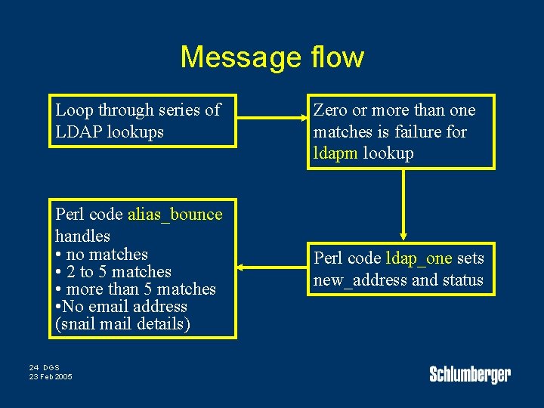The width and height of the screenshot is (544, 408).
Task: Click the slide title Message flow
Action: coord(272,57)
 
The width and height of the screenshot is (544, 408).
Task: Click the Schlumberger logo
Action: coord(470,374)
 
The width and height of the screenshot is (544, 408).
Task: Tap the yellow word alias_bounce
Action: coord(175,215)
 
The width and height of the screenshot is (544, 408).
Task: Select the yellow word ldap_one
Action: coord(419,258)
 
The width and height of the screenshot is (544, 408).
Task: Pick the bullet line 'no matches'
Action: coord(101,255)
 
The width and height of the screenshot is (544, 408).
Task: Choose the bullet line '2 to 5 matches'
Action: coord(113,272)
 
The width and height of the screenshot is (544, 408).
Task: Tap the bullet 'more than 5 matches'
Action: coord(135,289)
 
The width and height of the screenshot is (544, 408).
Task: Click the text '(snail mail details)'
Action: coord(123,324)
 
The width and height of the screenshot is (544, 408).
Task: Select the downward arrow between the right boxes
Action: coord(404,204)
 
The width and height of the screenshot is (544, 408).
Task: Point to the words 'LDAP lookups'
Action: coord(109,132)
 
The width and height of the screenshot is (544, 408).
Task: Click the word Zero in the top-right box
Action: coord(330,110)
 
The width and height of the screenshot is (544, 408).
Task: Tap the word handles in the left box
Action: coord(82,236)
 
